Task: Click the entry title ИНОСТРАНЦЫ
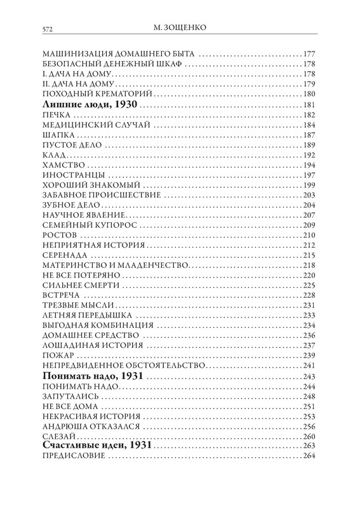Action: click(x=71, y=175)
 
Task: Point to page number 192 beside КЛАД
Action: click(x=310, y=155)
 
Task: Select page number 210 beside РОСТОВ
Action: click(x=310, y=235)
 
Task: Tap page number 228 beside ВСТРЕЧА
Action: click(x=310, y=295)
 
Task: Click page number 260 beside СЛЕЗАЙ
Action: click(x=310, y=437)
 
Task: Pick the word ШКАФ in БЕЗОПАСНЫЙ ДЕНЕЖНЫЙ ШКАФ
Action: click(x=171, y=63)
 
